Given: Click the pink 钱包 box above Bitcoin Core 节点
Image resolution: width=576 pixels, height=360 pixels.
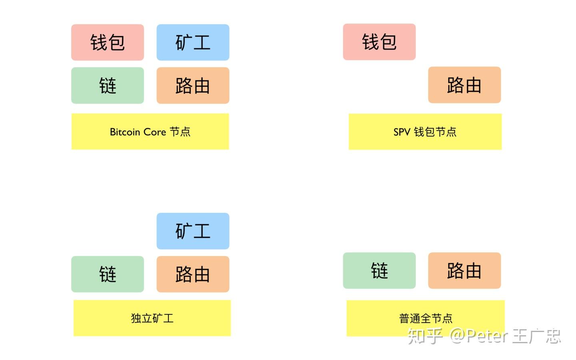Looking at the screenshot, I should (108, 42).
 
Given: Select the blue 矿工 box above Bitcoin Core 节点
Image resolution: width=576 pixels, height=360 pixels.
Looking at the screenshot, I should (193, 42).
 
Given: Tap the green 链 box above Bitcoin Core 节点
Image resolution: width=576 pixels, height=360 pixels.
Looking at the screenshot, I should (108, 86).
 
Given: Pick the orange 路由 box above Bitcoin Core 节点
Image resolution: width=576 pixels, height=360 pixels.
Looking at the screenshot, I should (193, 86).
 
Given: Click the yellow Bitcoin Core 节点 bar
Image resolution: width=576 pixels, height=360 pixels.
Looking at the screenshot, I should (150, 132).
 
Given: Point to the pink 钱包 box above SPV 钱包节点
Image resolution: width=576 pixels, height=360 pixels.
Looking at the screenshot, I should (379, 42).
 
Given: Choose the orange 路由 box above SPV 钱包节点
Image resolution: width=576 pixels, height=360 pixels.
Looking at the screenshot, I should (464, 85).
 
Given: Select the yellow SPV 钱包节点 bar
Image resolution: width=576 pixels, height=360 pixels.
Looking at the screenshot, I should (425, 132).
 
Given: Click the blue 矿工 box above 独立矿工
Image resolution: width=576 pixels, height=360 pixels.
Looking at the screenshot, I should (193, 231).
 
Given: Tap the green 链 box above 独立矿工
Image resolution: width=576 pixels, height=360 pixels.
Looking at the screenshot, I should (108, 274).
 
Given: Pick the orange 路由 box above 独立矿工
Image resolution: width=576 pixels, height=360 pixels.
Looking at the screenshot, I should (193, 274).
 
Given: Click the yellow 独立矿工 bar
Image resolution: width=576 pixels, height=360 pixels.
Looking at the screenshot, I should (152, 318).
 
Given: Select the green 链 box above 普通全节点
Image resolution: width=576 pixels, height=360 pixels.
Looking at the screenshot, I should (379, 271).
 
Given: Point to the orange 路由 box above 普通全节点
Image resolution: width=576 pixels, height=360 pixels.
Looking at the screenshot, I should (464, 271).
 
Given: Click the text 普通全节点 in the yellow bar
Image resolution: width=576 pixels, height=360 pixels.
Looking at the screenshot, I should (426, 318).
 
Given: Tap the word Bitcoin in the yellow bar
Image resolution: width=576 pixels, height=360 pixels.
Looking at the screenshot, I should (125, 132).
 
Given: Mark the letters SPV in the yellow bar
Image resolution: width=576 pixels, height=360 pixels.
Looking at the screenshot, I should (402, 132).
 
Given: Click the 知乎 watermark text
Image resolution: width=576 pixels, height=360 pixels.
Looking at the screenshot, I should (425, 336).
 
